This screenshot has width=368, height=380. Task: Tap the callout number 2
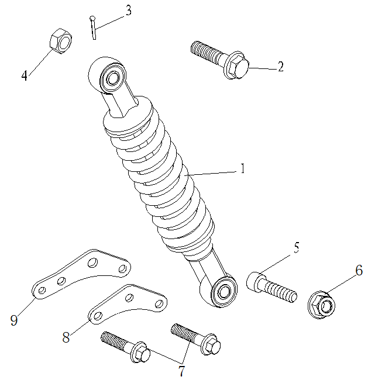click(280, 67)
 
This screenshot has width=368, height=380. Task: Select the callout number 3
click(128, 11)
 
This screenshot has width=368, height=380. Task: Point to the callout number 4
click(25, 75)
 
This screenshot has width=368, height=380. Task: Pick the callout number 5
click(296, 247)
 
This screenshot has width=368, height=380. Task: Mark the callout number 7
click(181, 371)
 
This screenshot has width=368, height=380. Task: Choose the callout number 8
click(67, 337)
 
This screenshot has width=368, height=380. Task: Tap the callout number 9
click(14, 319)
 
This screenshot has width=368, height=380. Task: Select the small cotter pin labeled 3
click(92, 27)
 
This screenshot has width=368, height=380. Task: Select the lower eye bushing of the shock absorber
click(223, 291)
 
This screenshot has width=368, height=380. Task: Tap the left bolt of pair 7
click(126, 346)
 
